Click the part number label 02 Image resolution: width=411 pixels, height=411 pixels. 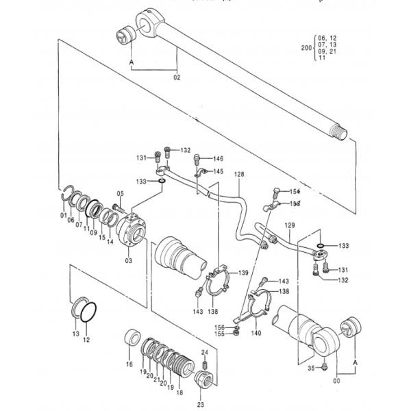click(x=176, y=77)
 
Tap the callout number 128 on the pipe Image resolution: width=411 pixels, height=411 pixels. click(x=239, y=175)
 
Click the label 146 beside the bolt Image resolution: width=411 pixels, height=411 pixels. click(x=218, y=158)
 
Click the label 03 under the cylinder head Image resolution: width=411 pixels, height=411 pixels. click(x=128, y=261)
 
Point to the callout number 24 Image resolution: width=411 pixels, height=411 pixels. click(x=204, y=352)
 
